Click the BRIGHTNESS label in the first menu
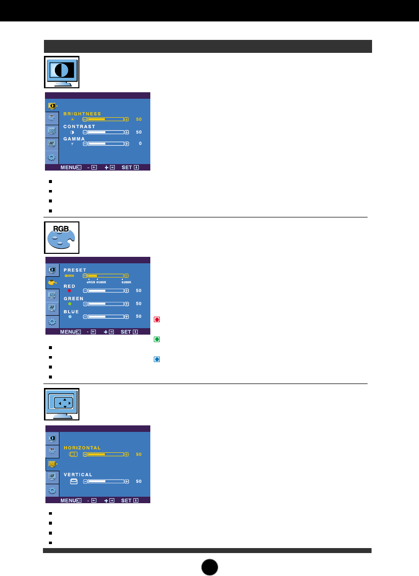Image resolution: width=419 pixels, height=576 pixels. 82,114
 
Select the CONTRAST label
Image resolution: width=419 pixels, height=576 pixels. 79,127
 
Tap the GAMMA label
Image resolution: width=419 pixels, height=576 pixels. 74,138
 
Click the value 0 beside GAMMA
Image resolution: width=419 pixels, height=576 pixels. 140,144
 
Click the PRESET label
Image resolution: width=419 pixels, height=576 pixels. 74,270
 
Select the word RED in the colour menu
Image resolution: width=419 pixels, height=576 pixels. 69,286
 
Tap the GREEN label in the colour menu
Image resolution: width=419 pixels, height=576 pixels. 73,298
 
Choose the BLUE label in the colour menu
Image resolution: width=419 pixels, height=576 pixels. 71,312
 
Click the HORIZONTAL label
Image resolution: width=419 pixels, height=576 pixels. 82,447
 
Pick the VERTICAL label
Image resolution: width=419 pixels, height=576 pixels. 77,474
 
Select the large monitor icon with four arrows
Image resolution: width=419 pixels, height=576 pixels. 61,403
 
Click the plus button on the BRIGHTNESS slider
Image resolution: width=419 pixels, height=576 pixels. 126,120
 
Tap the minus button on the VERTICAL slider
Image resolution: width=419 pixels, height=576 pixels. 85,481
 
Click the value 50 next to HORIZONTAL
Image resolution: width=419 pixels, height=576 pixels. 139,454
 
